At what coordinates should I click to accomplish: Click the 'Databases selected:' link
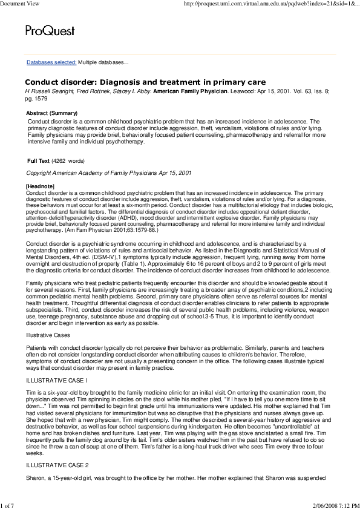click(x=51, y=62)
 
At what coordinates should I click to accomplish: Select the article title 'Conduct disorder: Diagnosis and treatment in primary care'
click(x=145, y=82)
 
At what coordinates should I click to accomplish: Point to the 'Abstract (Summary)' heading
click(x=52, y=113)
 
